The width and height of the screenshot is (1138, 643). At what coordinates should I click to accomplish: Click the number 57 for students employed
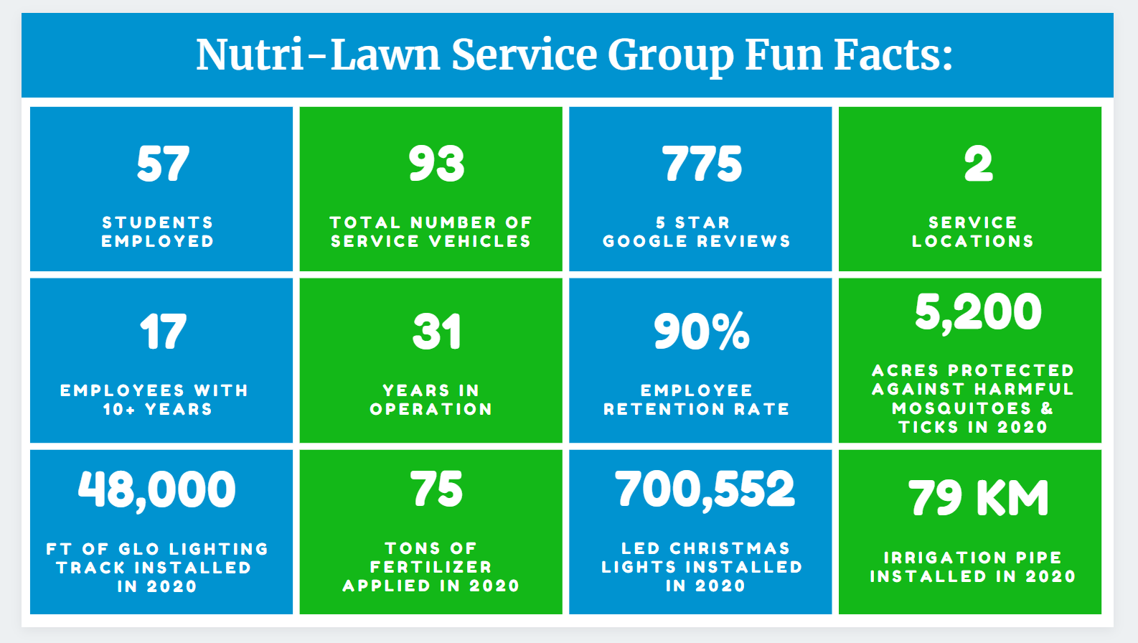(163, 164)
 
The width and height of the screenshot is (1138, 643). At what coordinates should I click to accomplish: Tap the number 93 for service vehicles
(436, 164)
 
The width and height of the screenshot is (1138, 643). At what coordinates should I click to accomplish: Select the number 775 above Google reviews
(702, 164)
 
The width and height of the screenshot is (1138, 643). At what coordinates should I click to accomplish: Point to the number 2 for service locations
(978, 164)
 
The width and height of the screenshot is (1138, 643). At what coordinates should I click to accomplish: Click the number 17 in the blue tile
(163, 332)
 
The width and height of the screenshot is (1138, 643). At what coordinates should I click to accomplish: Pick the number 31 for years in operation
(436, 332)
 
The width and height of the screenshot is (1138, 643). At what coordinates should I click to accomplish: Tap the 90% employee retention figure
(702, 332)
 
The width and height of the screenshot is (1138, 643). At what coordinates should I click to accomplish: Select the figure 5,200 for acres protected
(978, 313)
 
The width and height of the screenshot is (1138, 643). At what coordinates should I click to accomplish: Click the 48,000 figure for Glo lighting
(157, 490)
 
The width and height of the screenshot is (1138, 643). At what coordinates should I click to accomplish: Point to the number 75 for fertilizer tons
(436, 489)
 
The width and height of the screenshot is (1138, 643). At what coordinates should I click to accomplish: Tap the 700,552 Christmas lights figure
(705, 489)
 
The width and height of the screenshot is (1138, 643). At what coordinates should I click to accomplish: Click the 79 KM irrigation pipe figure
(978, 498)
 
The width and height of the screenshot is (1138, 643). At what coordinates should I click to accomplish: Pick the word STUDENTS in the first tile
(158, 222)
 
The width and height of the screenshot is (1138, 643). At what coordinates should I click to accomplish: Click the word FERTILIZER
(431, 567)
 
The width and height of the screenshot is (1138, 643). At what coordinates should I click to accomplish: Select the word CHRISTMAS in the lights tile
(730, 548)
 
